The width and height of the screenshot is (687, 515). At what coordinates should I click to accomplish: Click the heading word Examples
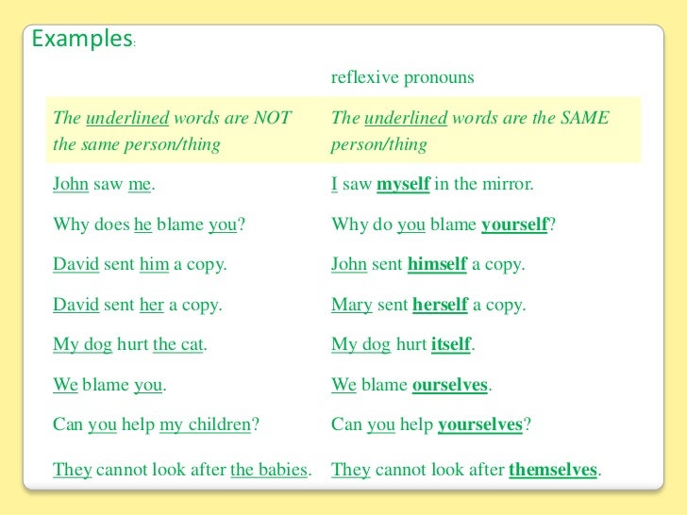[81, 40]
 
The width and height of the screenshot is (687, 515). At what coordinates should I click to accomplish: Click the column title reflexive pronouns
[402, 77]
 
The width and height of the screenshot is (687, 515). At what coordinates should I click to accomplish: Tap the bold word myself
[403, 185]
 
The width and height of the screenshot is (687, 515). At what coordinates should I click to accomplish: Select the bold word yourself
[514, 224]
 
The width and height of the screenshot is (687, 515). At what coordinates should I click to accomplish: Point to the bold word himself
[437, 265]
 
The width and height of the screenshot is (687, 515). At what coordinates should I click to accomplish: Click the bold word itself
[451, 345]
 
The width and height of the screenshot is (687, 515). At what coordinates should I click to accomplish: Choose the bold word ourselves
[450, 385]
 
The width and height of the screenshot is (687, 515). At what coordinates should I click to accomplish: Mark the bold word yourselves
[479, 425]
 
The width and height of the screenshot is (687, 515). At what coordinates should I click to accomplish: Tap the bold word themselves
[553, 469]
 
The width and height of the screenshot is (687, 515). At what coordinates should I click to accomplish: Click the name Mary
[349, 306]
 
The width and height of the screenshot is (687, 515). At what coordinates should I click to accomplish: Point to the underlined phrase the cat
[178, 345]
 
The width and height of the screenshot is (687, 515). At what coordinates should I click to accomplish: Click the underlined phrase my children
[206, 425]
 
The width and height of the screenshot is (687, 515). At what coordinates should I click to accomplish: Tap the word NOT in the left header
[272, 119]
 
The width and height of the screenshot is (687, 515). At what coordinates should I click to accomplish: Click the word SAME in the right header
[586, 119]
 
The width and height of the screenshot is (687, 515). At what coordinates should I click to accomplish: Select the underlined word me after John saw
[140, 185]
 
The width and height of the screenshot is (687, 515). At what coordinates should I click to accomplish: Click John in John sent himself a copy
[349, 265]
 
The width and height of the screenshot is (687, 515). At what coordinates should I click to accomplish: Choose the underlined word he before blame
[143, 224]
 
